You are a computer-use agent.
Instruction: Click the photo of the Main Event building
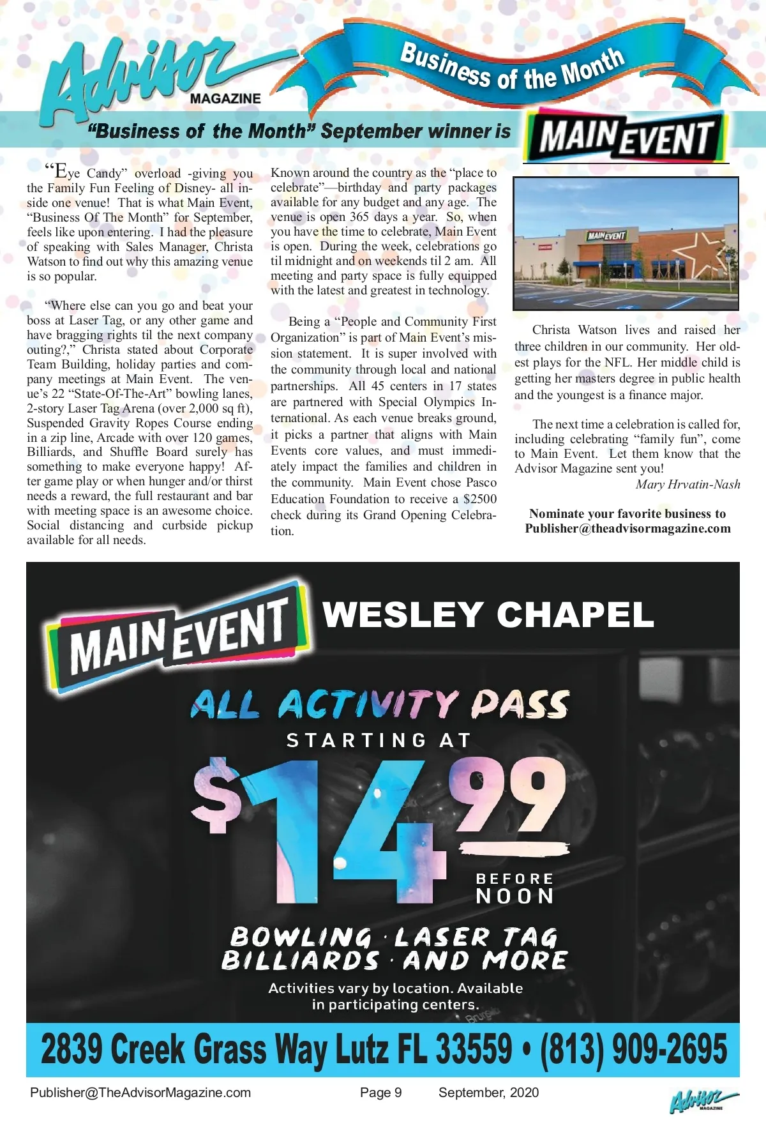click(626, 243)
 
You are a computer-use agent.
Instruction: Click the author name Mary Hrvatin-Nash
click(687, 485)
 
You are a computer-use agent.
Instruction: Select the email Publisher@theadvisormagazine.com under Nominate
click(627, 529)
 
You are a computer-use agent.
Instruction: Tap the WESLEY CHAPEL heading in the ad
click(488, 615)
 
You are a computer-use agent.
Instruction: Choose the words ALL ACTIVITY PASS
click(380, 704)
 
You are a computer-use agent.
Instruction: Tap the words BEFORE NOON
click(514, 888)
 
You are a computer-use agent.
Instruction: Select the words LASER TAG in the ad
click(476, 937)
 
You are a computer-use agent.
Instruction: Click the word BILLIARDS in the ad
click(300, 961)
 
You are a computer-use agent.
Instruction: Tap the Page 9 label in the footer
click(380, 1093)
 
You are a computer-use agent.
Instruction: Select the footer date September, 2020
click(488, 1093)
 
